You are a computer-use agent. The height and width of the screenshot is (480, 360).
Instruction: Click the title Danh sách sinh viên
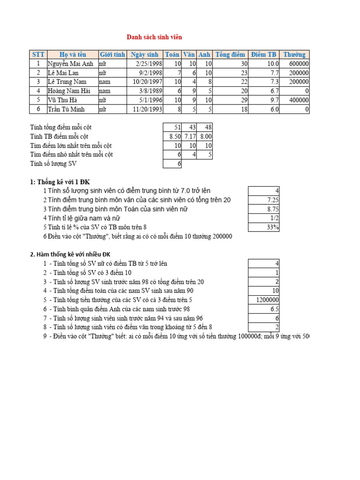154,37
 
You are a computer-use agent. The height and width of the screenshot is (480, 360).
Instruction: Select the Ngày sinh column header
145,54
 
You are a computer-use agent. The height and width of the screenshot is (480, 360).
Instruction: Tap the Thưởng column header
294,54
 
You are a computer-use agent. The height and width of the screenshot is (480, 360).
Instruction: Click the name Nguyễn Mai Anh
71,64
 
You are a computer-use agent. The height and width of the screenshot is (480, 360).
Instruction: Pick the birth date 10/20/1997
148,82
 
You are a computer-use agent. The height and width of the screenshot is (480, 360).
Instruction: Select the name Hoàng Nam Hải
68,91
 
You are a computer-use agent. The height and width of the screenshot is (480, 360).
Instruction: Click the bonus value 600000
299,64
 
